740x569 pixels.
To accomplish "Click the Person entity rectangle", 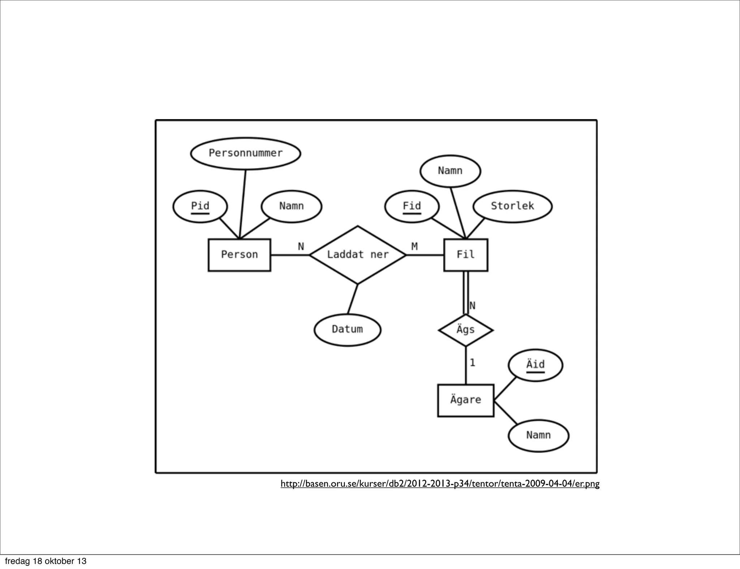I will coord(239,255).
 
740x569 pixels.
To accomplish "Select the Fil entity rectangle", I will coord(465,255).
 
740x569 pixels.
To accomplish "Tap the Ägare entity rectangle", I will coord(465,400).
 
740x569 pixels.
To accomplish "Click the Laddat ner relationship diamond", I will coord(358,255).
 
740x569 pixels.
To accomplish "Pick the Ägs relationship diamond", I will coord(465,330).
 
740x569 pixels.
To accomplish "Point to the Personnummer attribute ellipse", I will coord(245,153).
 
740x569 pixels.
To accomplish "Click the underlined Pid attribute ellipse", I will coord(200,207).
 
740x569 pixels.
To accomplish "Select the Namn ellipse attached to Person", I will coord(291,207).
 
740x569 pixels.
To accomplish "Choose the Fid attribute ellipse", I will coord(412,207).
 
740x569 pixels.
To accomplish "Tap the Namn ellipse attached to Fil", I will coord(450,171).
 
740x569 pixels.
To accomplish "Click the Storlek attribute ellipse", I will coord(512,207).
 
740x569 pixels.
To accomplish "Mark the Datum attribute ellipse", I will coord(347,330).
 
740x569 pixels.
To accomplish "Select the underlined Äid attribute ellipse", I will coord(535,365).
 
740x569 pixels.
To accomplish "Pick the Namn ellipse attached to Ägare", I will coord(538,435).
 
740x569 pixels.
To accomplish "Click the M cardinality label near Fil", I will coord(414,247).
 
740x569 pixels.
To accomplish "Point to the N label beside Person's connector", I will coord(301,247).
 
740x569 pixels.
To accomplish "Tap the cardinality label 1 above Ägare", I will coord(472,362).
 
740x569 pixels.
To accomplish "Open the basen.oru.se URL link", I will coord(440,483).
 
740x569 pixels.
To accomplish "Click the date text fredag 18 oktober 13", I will coord(46,561).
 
